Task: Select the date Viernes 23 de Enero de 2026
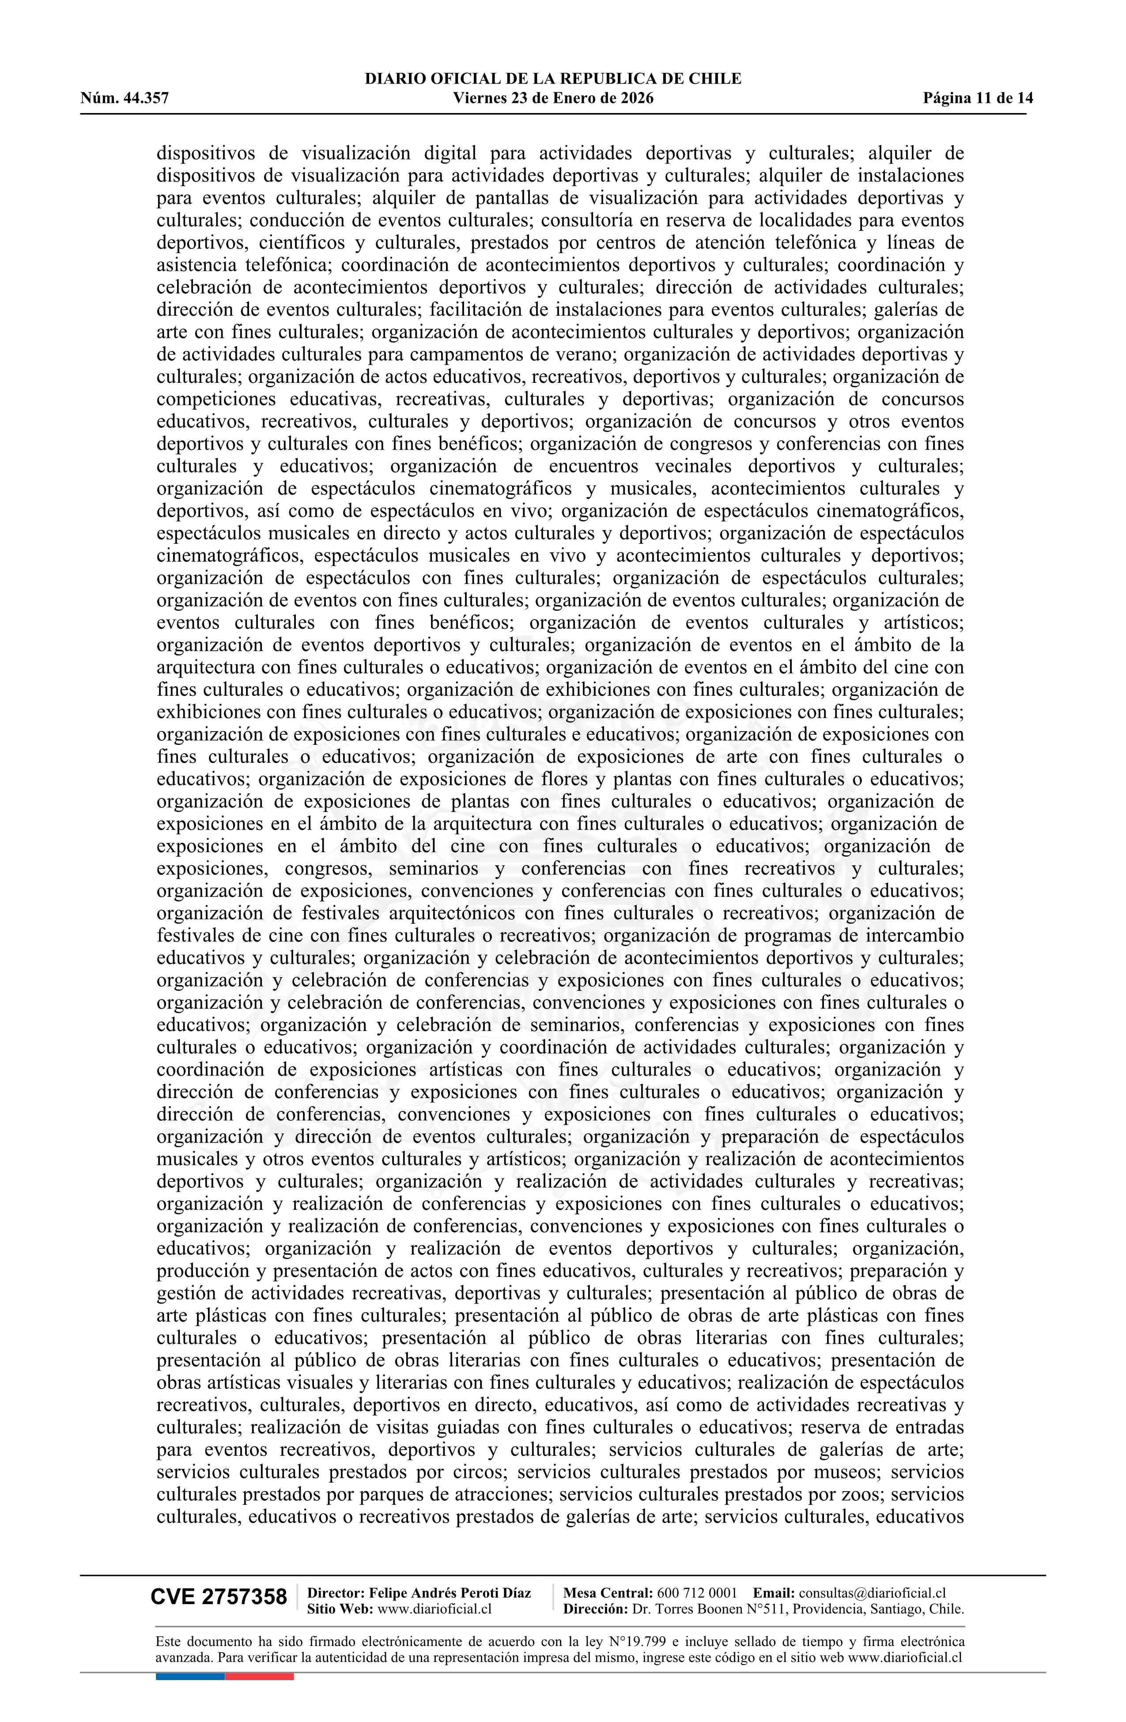point(553,98)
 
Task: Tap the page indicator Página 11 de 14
point(978,98)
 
